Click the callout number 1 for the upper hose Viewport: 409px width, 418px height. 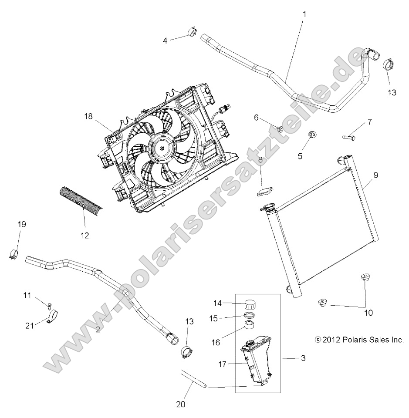tap(304, 14)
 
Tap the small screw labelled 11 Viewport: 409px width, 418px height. tap(50, 305)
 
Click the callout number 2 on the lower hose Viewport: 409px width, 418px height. tap(98, 330)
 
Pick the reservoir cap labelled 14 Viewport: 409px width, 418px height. tap(250, 303)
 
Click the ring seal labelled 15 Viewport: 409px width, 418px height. tap(250, 315)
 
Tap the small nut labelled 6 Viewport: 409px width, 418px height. tap(281, 129)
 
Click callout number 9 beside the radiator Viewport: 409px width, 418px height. tap(375, 175)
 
